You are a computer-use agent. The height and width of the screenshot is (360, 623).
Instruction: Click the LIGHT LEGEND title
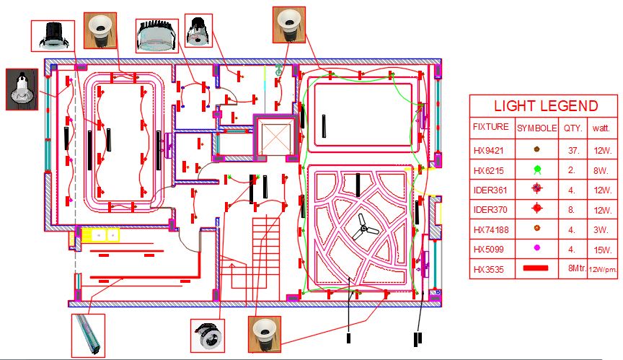pos(545,106)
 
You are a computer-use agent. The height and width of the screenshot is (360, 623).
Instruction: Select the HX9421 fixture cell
pos(490,151)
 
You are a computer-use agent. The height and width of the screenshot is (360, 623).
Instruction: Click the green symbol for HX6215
pos(536,171)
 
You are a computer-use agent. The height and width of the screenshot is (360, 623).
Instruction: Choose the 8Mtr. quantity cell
pos(574,269)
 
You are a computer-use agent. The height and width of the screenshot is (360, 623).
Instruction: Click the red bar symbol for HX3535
pos(536,268)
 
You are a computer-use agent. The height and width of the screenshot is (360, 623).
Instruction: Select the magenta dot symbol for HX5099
pos(536,249)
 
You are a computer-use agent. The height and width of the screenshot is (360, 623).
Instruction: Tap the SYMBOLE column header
pos(536,127)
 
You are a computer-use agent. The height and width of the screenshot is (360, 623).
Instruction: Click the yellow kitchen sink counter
pos(100,234)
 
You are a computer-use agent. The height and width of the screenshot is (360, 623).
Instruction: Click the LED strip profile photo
pos(88,333)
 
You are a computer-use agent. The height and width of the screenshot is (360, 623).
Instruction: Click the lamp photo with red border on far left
pos(22,89)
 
